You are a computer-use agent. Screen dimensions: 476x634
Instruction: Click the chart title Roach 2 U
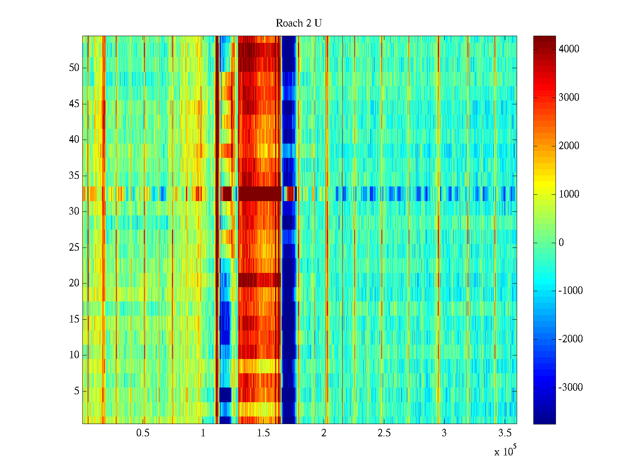click(x=298, y=23)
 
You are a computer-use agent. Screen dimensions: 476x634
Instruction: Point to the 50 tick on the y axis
click(x=74, y=68)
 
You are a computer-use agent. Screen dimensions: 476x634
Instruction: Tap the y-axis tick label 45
click(x=74, y=104)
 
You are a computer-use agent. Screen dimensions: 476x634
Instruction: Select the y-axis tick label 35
click(x=74, y=176)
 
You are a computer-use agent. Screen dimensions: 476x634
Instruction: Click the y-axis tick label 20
click(x=74, y=283)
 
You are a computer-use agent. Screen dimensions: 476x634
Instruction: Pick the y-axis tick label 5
click(x=76, y=391)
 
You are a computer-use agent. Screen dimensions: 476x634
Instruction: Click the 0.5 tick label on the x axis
click(x=143, y=433)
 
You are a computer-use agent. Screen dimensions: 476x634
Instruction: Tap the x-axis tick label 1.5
click(x=264, y=433)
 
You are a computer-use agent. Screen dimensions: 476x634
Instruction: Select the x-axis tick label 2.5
click(x=384, y=433)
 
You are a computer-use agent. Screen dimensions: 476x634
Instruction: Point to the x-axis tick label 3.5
click(x=504, y=433)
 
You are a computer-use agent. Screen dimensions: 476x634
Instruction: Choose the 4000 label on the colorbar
click(x=569, y=49)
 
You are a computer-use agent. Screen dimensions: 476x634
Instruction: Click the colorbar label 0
click(x=561, y=243)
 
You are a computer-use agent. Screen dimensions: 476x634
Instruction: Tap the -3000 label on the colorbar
click(x=571, y=388)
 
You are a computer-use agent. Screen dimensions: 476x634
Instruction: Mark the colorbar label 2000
click(x=569, y=146)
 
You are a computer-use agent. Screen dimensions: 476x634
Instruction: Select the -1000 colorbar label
click(x=571, y=291)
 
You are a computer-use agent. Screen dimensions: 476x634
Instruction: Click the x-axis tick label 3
click(x=444, y=433)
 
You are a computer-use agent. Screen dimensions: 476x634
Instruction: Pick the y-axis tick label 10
click(x=74, y=355)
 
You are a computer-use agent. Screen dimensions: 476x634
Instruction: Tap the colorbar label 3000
click(x=569, y=98)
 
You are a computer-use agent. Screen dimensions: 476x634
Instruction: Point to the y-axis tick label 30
click(x=74, y=211)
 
